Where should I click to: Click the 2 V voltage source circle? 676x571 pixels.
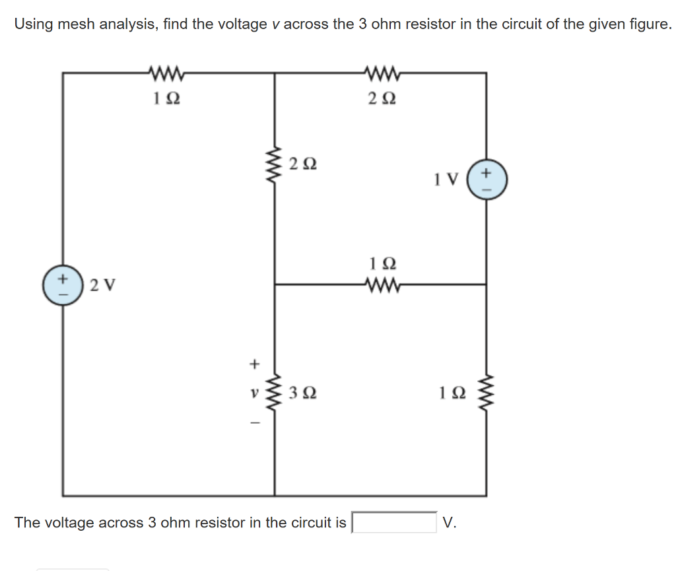[x=63, y=285]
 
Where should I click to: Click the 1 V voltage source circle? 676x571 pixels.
[x=487, y=180]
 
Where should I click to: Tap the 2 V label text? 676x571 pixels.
[x=102, y=285]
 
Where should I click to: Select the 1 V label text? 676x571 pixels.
[x=446, y=179]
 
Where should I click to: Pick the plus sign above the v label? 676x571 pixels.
[x=252, y=363]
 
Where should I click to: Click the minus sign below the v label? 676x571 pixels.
[x=252, y=422]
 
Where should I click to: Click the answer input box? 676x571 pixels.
[x=394, y=522]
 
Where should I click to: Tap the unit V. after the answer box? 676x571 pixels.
[x=450, y=523]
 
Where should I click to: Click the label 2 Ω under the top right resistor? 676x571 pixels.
[x=382, y=99]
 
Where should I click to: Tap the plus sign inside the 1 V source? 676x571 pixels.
[x=487, y=173]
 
